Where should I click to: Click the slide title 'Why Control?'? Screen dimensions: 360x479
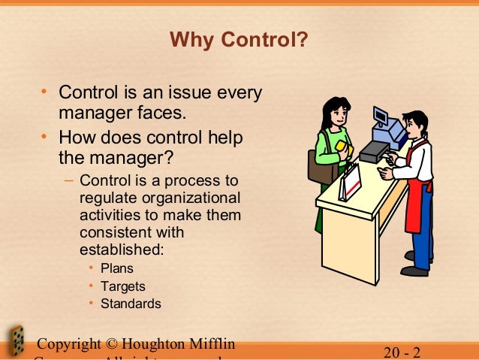pyautogui.click(x=239, y=38)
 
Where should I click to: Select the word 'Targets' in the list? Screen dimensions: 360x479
pyautogui.click(x=122, y=286)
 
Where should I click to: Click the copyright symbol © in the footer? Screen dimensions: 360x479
pyautogui.click(x=110, y=345)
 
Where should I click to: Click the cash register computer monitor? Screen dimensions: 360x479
pyautogui.click(x=381, y=118)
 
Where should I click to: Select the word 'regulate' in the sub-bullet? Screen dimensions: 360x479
pyautogui.click(x=104, y=198)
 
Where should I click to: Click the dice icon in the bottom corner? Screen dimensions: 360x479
pyautogui.click(x=15, y=342)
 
